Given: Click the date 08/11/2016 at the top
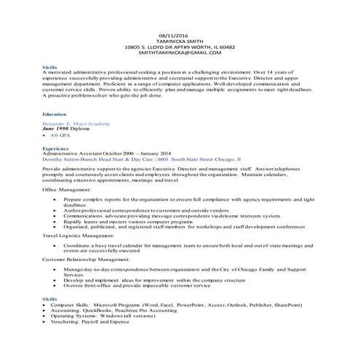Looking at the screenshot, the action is tap(179, 35).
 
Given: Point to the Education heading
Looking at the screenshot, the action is tap(55, 115).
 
